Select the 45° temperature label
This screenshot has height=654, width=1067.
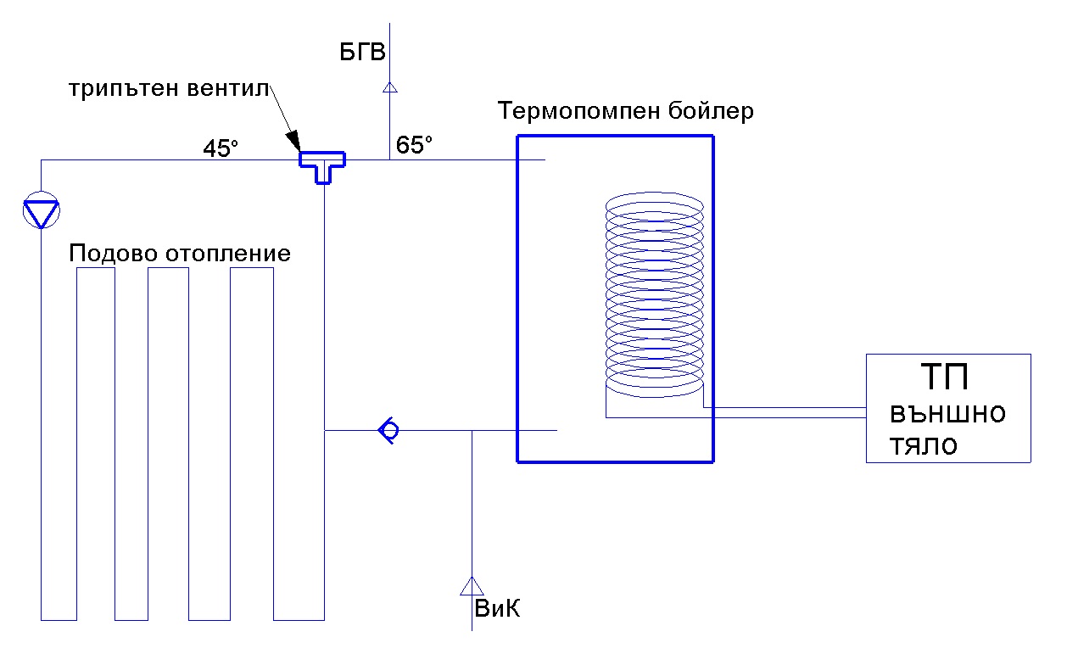221,148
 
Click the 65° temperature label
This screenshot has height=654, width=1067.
414,145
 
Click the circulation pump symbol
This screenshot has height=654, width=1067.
40,212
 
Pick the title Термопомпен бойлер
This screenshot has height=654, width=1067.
626,111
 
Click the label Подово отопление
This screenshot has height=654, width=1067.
180,253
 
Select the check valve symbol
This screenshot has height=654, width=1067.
388,431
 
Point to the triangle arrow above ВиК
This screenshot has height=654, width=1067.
471,585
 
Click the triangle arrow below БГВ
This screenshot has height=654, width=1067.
389,87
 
